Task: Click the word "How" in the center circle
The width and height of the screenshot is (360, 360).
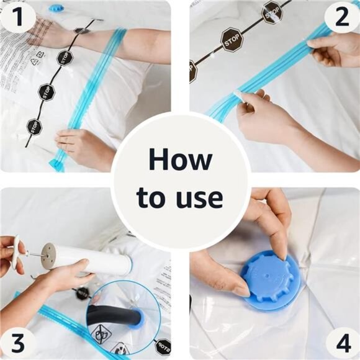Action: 179,160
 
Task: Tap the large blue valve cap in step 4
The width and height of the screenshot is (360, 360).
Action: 272,280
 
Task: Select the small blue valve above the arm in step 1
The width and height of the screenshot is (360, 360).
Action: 56,7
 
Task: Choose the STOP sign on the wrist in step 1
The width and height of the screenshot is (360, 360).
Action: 82,30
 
